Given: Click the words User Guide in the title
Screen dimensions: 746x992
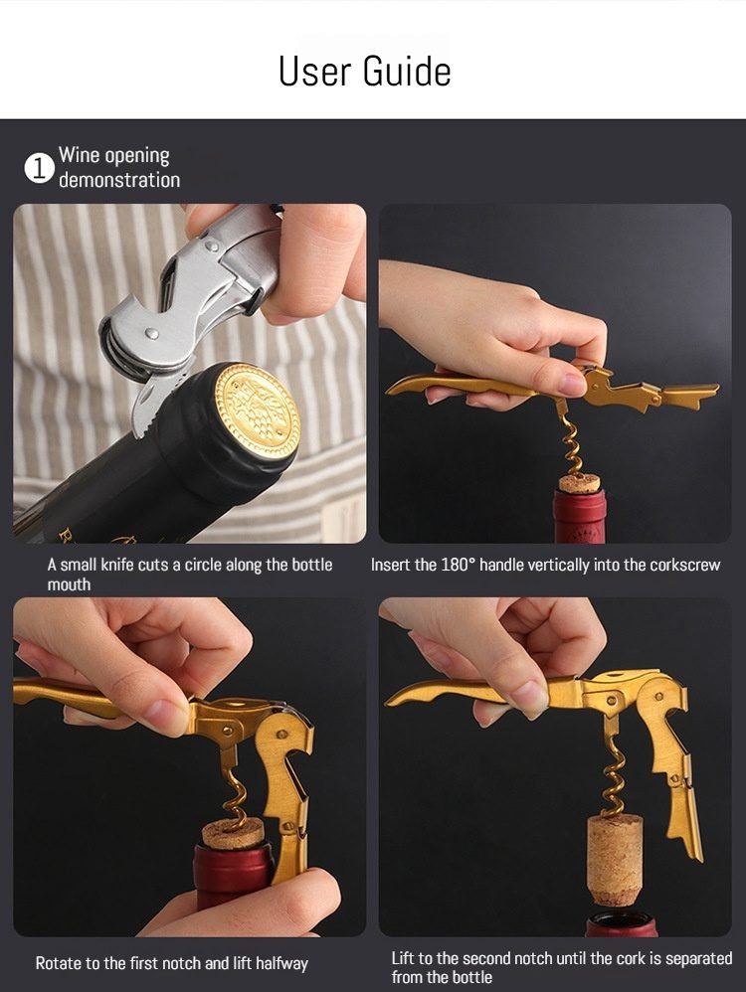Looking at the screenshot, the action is tap(365, 71).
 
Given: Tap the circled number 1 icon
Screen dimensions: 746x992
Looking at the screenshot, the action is tap(39, 169).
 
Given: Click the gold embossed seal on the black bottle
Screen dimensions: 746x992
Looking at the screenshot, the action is tap(257, 411).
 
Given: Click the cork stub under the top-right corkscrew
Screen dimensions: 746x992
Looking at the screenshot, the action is tap(580, 484).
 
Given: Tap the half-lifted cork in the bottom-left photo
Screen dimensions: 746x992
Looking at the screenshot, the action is tap(234, 834).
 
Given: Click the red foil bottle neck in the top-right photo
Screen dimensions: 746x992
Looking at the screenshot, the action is tap(580, 517).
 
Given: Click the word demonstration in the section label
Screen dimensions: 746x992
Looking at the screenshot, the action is tap(119, 180).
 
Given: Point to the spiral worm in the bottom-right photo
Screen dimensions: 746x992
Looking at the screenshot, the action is tap(613, 776).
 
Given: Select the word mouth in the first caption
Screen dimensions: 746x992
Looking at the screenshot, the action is tap(69, 584).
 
